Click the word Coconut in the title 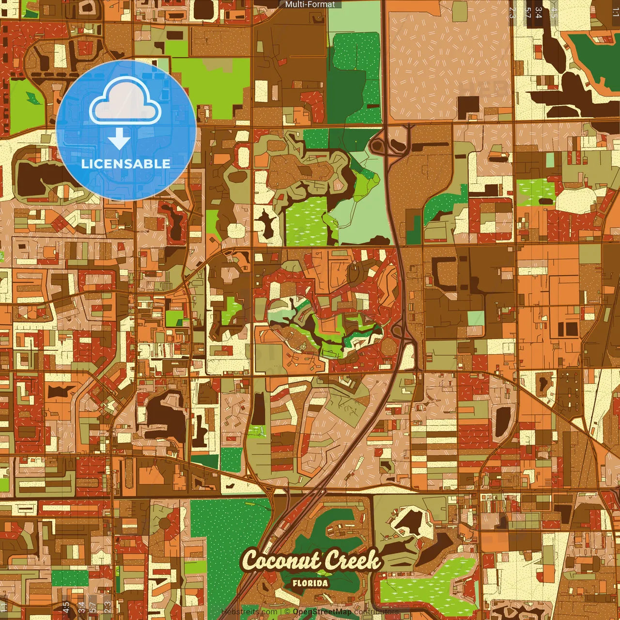click(280, 561)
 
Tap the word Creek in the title click(352, 561)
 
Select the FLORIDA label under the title click(310, 583)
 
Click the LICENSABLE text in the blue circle click(125, 164)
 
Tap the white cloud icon click(125, 101)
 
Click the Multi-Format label click(310, 4)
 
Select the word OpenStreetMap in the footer click(322, 612)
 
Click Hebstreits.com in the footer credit click(249, 612)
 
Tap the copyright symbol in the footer click(287, 612)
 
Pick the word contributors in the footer click(376, 612)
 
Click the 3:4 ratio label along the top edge click(538, 13)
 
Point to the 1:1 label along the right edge click(615, 13)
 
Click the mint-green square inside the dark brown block click(475, 318)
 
